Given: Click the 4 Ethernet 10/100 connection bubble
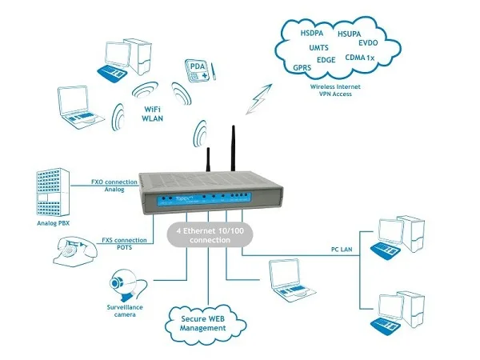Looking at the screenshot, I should point(205,235).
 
